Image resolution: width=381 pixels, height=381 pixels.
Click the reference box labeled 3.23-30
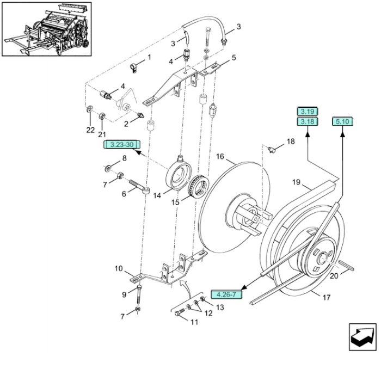(122, 145)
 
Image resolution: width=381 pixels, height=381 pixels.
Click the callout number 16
(220, 156)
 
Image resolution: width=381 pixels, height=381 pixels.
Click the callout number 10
(119, 268)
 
